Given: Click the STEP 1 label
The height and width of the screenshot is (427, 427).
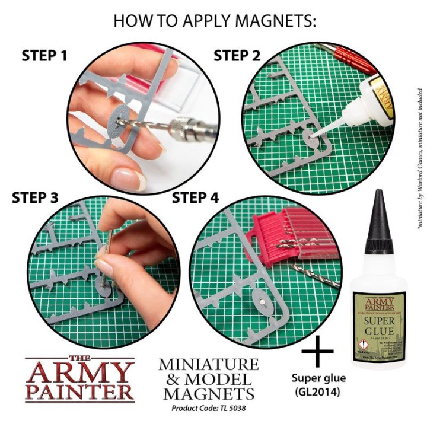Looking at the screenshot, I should tap(44, 56).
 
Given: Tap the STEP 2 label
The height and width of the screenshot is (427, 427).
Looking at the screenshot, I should tap(237, 56).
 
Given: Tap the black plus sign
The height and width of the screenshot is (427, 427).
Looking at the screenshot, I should tap(318, 354).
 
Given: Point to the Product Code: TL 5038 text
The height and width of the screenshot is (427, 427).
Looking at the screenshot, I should tap(208, 409).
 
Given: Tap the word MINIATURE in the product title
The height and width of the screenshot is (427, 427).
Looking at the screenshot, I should tap(208, 364).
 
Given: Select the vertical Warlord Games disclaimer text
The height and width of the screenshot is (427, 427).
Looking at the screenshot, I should tap(419, 142).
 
